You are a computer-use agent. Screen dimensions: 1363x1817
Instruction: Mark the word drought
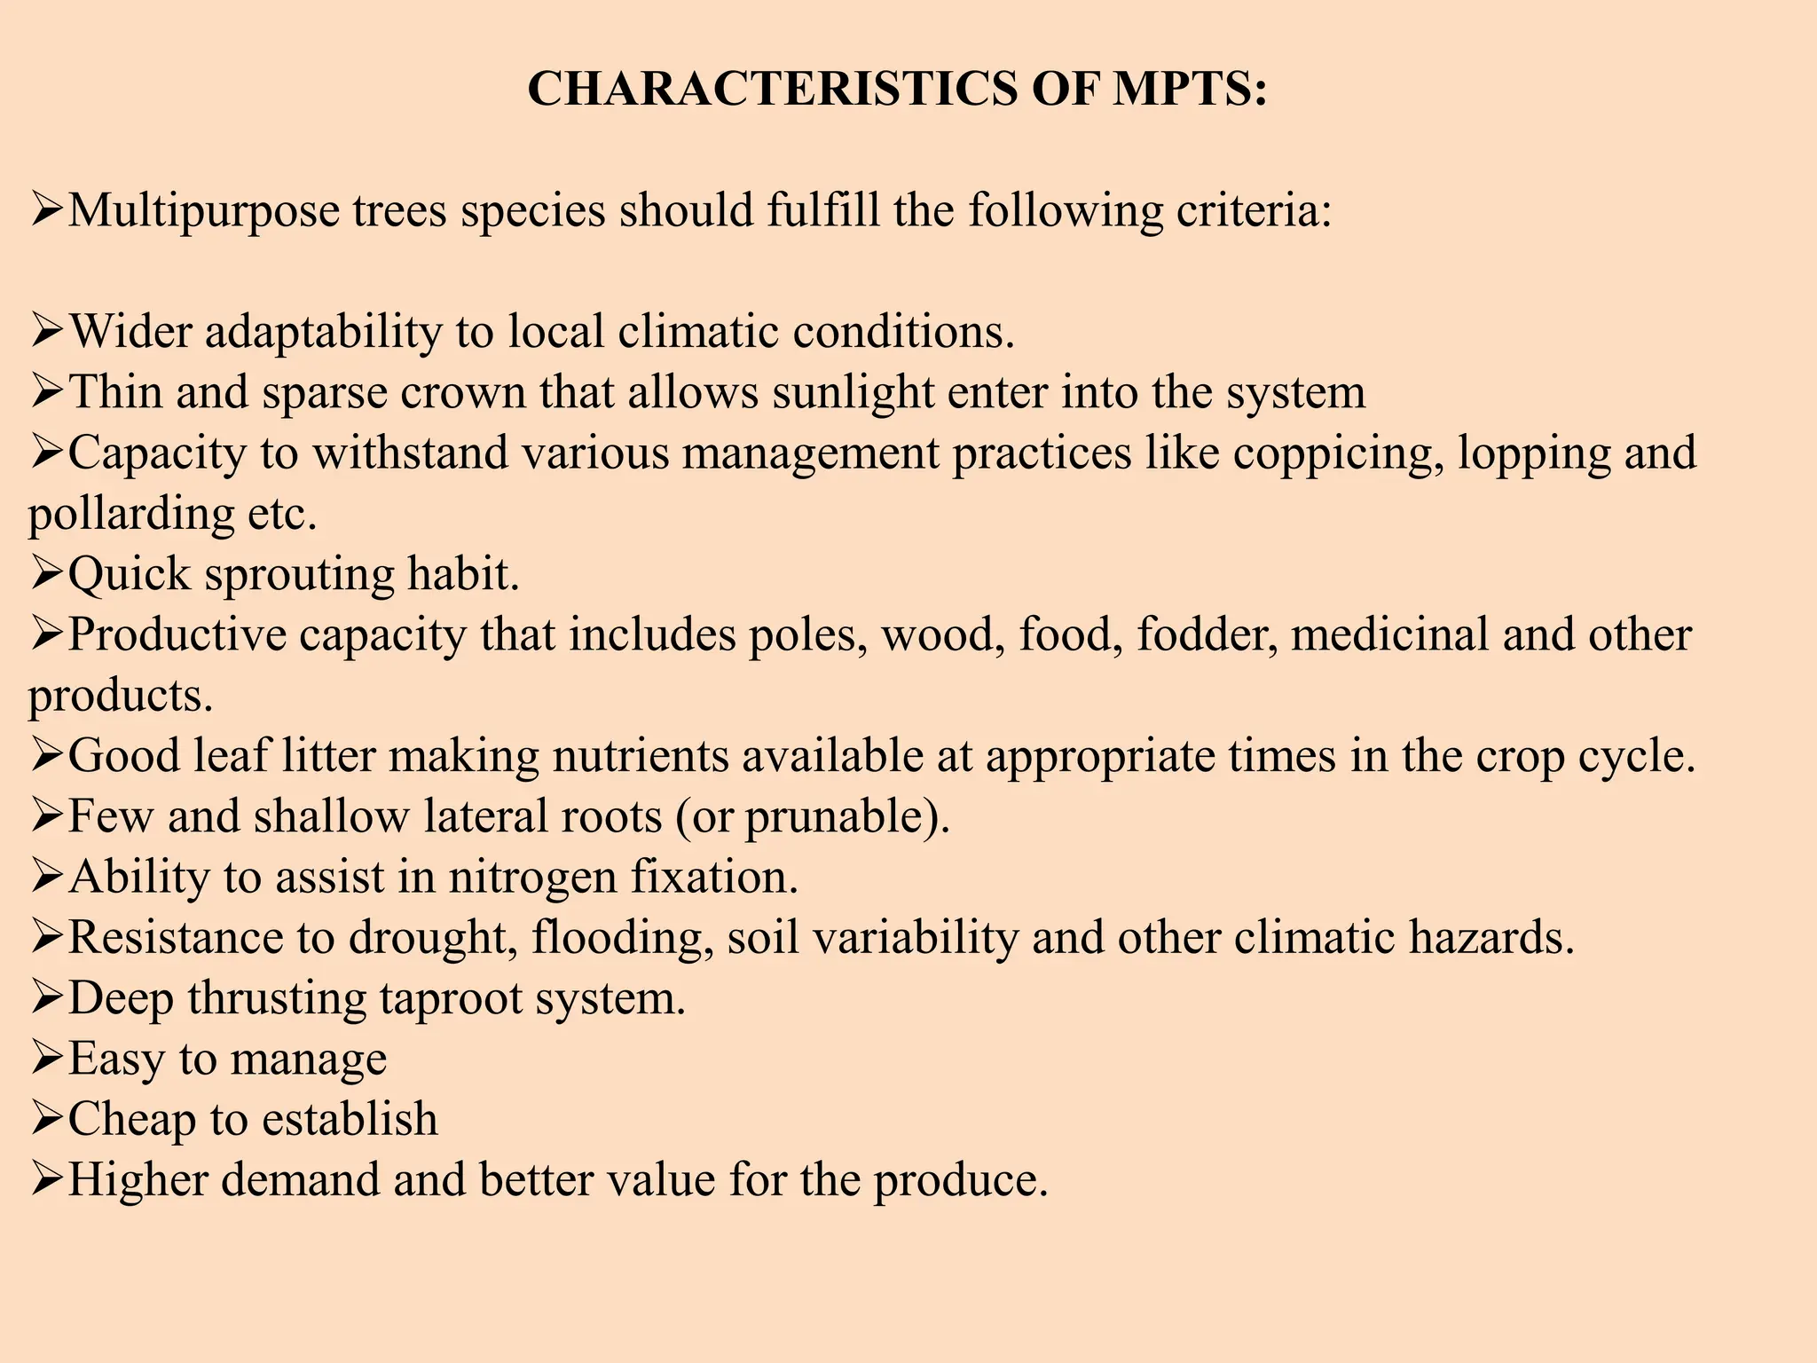point(432,938)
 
